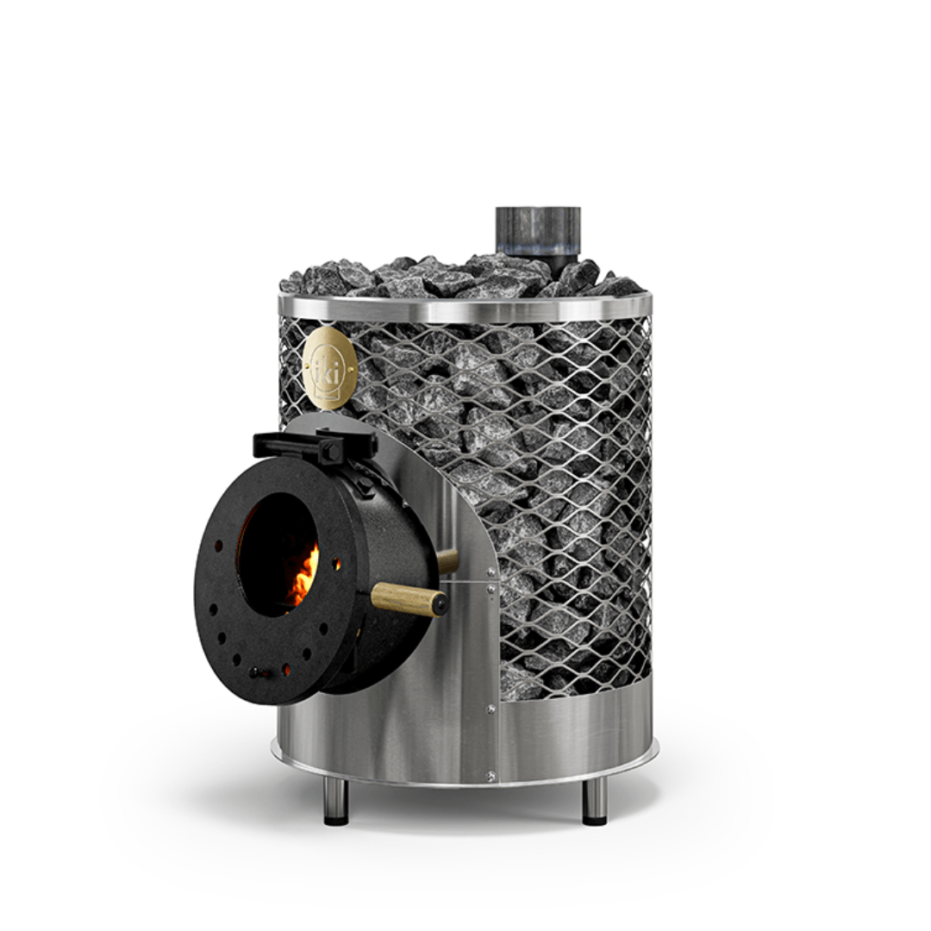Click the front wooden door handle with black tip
tap(405, 597)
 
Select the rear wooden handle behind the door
tap(447, 560)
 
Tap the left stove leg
tap(335, 801)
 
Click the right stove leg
tap(594, 801)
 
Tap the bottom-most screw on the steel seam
tap(490, 776)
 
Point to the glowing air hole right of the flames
tap(337, 565)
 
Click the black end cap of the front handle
tap(441, 604)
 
